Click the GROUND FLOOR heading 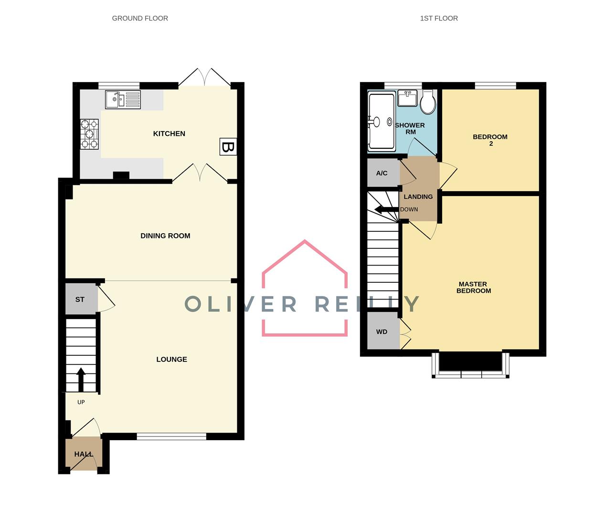140,18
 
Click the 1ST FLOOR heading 439,18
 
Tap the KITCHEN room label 169,134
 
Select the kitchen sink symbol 123,100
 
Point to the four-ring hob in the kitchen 89,134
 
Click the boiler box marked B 228,147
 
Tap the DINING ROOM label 165,236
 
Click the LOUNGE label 171,359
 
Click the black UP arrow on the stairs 81,379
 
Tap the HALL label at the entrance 84,454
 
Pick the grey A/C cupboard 382,173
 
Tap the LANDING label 418,196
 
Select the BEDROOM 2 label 490,140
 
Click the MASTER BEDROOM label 473,287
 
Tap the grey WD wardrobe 382,332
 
